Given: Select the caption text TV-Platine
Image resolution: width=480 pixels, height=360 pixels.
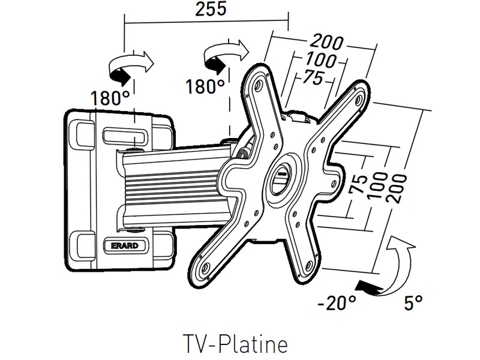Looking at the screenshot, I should point(235,344).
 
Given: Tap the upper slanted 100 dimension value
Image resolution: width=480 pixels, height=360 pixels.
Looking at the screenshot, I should point(320,61).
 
